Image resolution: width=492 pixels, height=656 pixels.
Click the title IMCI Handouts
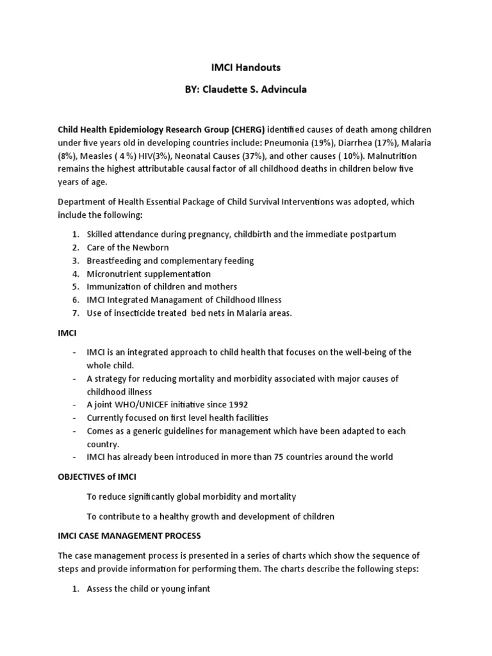245,67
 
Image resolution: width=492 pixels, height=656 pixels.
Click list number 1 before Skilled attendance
74,234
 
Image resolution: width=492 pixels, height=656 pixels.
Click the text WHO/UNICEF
137,404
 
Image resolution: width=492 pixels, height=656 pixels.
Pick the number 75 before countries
284,457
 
